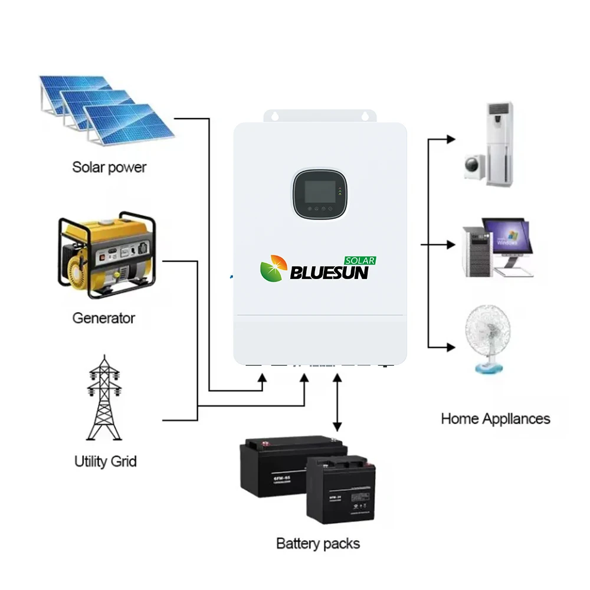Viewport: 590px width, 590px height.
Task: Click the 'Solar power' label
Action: pyautogui.click(x=109, y=167)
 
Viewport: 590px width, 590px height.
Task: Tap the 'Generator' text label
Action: pyautogui.click(x=103, y=318)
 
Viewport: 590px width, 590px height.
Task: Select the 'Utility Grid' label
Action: pyautogui.click(x=105, y=461)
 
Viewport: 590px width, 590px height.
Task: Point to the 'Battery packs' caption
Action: pyautogui.click(x=318, y=543)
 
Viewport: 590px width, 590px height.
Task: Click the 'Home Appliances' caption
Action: pyautogui.click(x=495, y=419)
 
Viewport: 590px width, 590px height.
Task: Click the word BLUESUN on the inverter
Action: pyautogui.click(x=329, y=273)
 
